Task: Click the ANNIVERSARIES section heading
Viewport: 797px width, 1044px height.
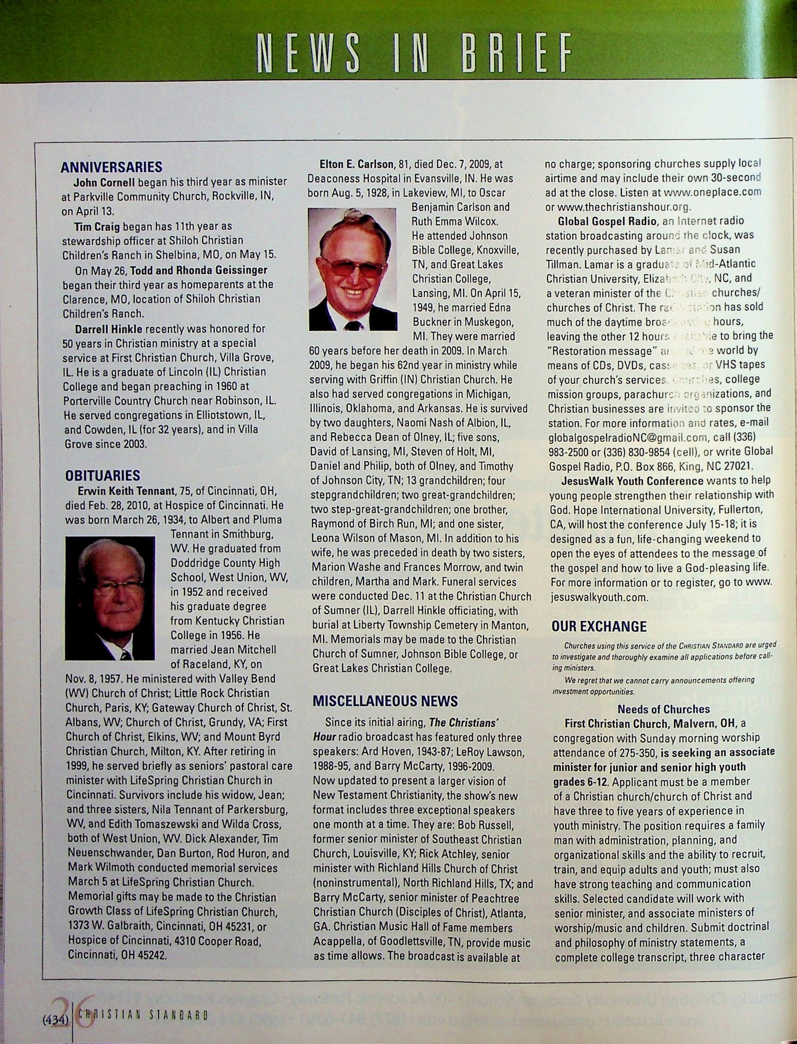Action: click(112, 167)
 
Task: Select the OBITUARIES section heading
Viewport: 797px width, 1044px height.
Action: click(103, 475)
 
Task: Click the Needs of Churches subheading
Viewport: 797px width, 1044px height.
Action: click(663, 709)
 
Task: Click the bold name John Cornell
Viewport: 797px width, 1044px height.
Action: click(104, 182)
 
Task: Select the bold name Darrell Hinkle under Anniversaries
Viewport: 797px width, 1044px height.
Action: click(109, 329)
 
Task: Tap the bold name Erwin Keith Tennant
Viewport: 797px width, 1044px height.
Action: click(127, 490)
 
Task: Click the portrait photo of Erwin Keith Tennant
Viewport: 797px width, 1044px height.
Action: click(110, 598)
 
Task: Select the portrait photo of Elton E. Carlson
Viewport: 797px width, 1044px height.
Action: click(352, 269)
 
